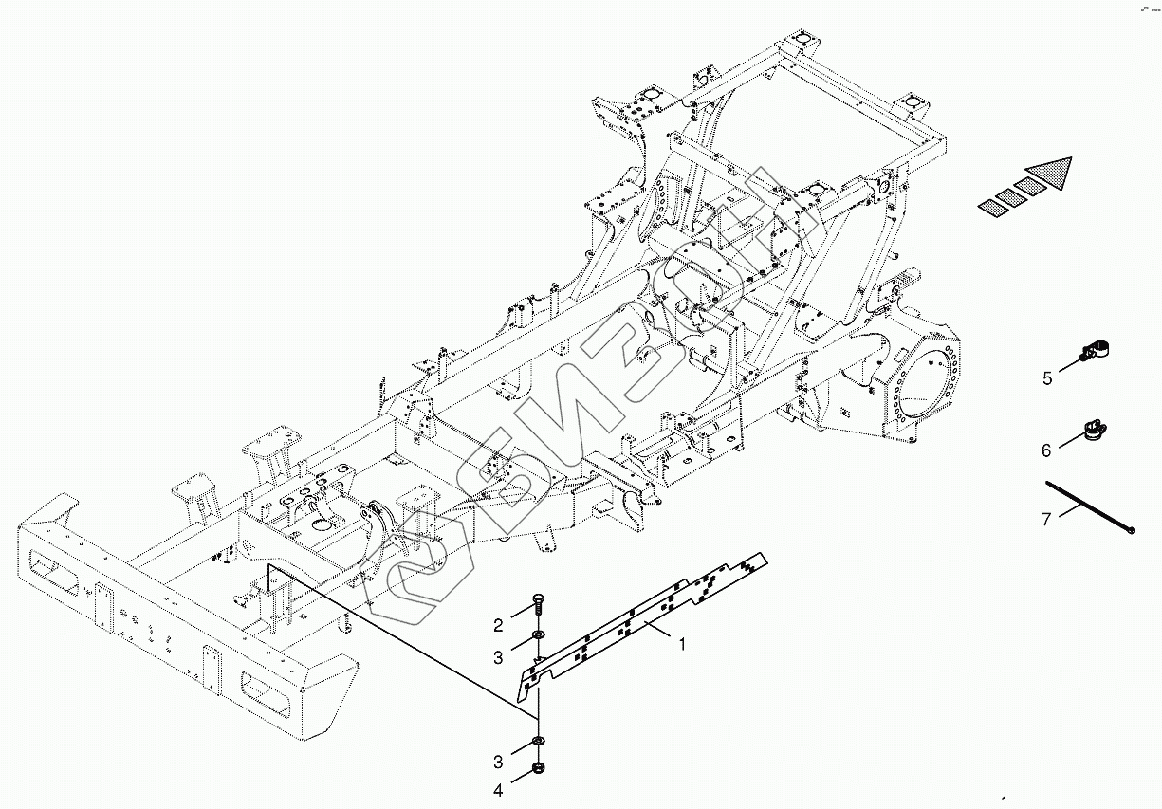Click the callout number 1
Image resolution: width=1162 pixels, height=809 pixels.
pos(681,643)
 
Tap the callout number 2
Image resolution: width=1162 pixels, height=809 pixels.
pos(497,625)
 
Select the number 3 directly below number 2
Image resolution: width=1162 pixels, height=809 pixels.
pos(497,656)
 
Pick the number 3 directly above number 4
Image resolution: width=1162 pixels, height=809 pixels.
pos(497,762)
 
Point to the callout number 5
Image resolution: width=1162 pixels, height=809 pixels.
pos(1047,378)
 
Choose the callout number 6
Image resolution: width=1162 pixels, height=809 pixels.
pos(1046,450)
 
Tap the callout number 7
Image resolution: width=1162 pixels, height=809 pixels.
pos(1046,518)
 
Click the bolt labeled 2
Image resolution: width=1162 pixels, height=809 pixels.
pos(539,605)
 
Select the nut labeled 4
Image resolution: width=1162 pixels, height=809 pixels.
pos(539,767)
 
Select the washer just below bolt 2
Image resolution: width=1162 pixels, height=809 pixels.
pos(538,634)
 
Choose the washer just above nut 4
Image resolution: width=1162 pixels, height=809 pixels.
pos(539,741)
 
